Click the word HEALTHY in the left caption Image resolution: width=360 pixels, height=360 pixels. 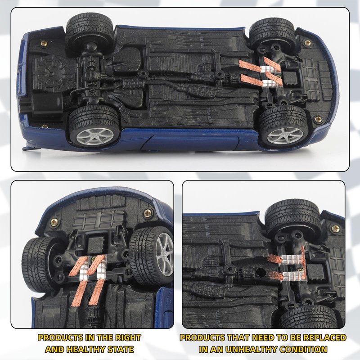82,349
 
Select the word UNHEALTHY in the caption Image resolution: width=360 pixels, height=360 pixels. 252,349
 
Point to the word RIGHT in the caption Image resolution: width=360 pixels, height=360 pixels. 128,337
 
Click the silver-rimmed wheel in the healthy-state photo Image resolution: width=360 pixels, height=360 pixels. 151,256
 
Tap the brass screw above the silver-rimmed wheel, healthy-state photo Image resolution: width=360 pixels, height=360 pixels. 148,213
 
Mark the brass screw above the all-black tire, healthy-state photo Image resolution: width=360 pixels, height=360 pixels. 54,222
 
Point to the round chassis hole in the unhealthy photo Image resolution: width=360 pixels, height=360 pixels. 261,272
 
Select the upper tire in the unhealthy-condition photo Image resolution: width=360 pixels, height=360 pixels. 293,218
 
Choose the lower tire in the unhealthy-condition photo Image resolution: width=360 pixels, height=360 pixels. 309,317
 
